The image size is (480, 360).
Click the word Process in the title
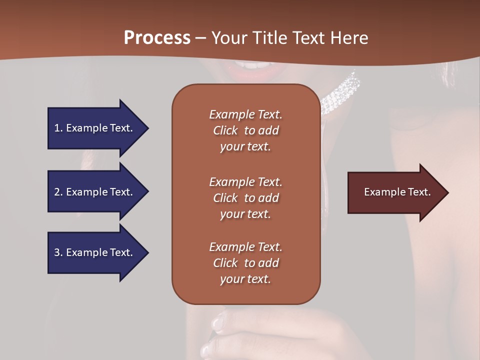pos(157,38)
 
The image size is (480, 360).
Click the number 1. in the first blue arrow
pos(58,128)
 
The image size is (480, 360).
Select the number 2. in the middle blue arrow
pos(58,192)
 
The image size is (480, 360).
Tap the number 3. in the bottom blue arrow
pos(58,252)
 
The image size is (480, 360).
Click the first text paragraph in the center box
pos(245,130)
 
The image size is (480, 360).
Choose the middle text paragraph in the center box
pos(245,198)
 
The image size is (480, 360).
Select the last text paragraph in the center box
pos(245,263)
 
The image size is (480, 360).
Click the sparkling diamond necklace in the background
pos(340,95)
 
